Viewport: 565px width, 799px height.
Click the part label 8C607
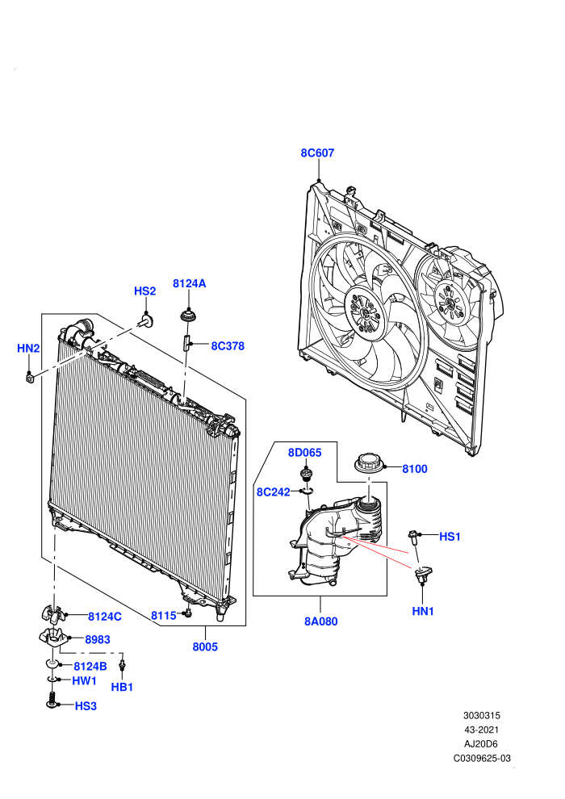tap(317, 153)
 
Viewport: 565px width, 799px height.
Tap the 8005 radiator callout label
tap(205, 646)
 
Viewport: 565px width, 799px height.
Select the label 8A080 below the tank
tap(321, 621)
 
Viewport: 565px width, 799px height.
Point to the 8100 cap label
tap(415, 469)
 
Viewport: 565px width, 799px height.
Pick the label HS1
tap(450, 537)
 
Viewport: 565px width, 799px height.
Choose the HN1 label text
tap(423, 611)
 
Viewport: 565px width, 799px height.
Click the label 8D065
tap(304, 453)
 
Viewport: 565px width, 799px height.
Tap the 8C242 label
tap(273, 492)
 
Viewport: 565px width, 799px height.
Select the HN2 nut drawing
tap(30, 378)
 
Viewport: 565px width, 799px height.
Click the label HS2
tap(144, 291)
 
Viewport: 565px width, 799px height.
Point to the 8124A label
tap(190, 283)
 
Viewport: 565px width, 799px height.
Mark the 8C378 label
tap(228, 346)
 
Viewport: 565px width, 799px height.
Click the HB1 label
tap(122, 687)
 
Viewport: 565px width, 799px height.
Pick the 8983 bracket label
tap(98, 639)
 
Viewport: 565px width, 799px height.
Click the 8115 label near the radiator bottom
tap(164, 616)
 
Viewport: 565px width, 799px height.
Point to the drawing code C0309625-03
tap(482, 758)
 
